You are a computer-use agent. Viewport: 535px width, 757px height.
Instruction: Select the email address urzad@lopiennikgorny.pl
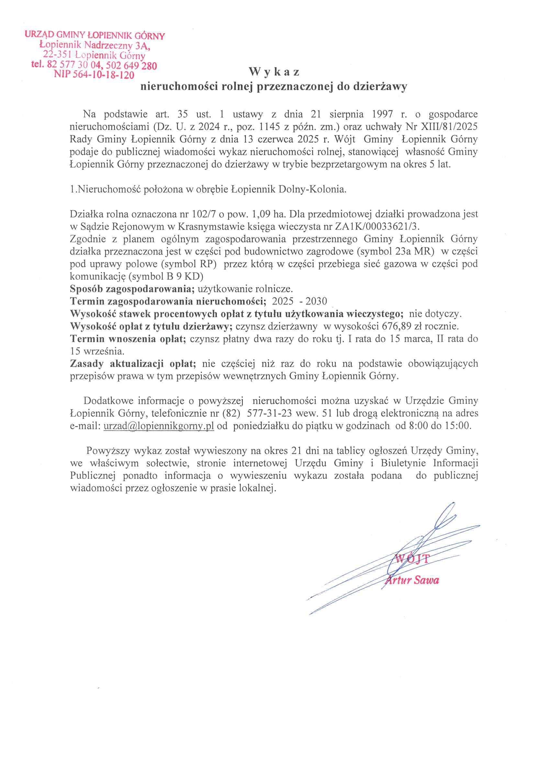[x=159, y=426]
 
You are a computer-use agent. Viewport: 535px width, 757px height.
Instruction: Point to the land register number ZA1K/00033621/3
[x=377, y=227]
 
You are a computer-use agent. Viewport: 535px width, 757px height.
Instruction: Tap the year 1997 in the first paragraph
[x=382, y=114]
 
